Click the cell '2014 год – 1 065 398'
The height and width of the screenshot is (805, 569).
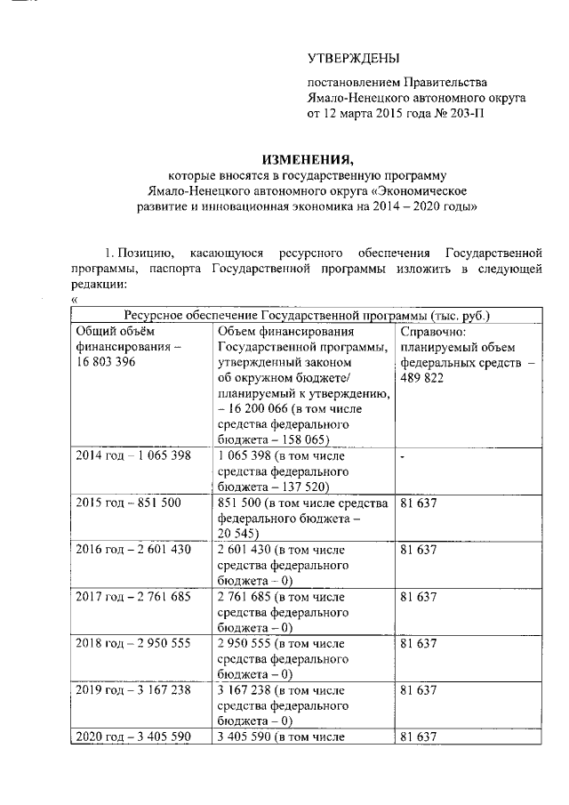133,455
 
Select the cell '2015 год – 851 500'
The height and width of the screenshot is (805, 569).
129,503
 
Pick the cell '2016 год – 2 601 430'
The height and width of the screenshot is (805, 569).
133,550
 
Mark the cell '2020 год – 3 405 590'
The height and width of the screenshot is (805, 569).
133,738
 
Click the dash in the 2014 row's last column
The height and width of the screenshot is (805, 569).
403,456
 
